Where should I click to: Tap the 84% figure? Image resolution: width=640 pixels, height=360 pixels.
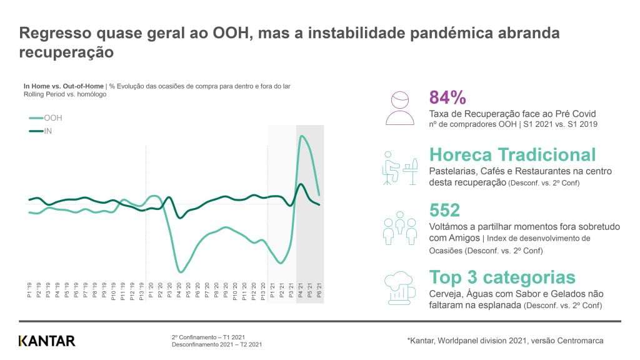(x=447, y=97)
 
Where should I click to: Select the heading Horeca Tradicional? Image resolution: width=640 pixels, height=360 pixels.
(x=512, y=154)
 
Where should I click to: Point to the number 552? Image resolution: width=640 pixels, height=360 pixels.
(x=444, y=210)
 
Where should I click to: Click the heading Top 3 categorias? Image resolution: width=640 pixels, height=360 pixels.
(x=502, y=277)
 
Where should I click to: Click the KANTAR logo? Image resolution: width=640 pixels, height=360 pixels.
(x=47, y=341)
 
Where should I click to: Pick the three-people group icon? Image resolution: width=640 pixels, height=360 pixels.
(x=399, y=227)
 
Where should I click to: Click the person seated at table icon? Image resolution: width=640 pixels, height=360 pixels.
(x=399, y=167)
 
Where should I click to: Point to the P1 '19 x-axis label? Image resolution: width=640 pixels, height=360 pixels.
(x=29, y=291)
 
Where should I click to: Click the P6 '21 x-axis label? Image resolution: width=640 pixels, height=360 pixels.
(x=319, y=291)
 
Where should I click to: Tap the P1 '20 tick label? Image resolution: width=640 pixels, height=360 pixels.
(x=151, y=291)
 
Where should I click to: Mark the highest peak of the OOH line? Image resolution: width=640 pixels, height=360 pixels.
(x=302, y=136)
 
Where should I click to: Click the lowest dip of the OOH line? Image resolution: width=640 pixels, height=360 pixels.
(x=181, y=272)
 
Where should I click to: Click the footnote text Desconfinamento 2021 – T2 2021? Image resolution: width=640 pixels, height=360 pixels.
(x=217, y=344)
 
